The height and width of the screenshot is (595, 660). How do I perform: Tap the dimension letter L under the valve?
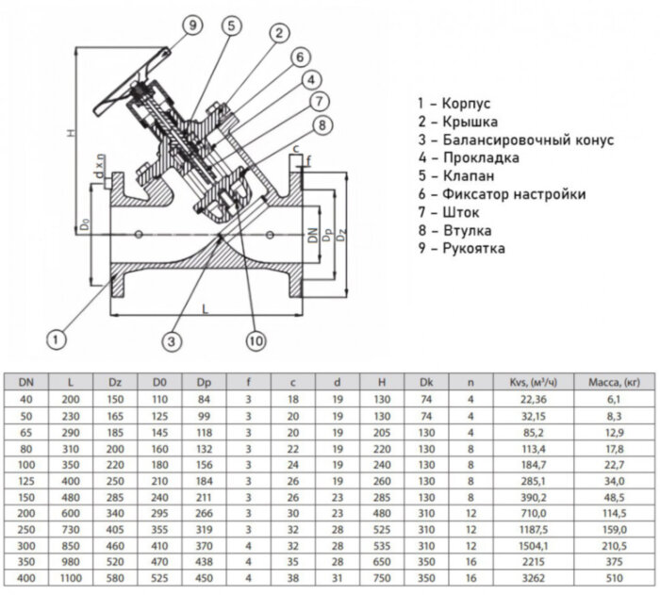click(x=202, y=307)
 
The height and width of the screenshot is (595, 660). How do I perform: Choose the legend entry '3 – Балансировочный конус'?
click(x=514, y=140)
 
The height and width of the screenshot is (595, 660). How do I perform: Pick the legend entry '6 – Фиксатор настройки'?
click(x=500, y=194)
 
